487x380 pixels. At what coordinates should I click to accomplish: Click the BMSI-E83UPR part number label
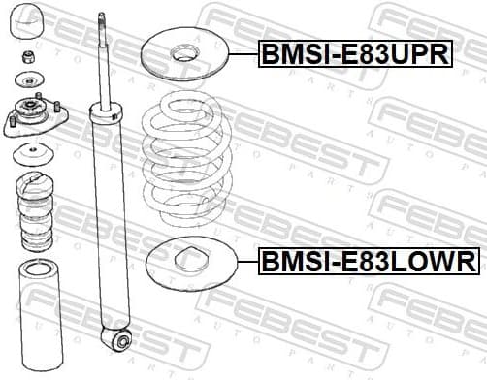coord(355,54)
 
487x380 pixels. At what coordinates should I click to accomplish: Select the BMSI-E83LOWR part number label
coord(368,260)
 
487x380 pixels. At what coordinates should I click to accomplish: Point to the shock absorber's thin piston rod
coord(102,58)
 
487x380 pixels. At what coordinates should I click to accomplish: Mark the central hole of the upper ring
coord(182,55)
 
